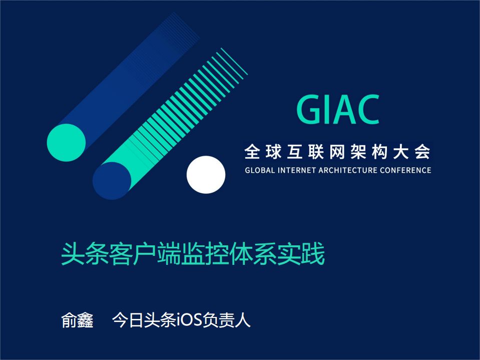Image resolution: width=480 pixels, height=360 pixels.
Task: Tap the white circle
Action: coord(206,174)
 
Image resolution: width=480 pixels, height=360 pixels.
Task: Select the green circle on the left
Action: coord(66,143)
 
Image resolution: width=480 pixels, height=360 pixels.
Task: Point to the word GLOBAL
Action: coord(260,170)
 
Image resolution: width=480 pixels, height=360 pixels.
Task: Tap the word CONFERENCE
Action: coord(406,170)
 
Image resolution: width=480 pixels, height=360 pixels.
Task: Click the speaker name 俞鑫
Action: coord(77,320)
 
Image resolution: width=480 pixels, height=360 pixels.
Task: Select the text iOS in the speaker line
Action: coord(189,320)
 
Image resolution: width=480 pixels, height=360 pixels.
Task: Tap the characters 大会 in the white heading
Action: coord(412,151)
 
